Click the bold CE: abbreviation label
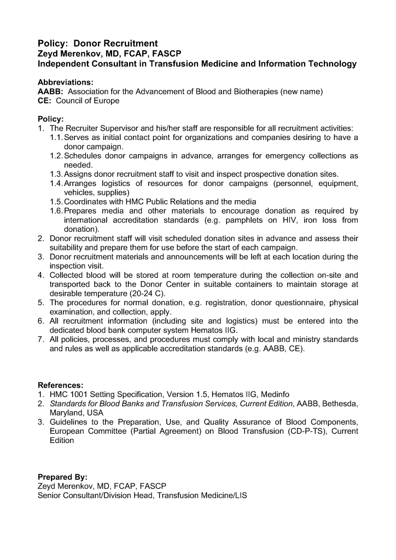[x=45, y=101]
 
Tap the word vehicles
[x=79, y=193]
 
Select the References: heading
[x=60, y=385]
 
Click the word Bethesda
[x=340, y=404]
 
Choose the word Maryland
[x=66, y=413]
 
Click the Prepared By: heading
[x=62, y=477]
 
